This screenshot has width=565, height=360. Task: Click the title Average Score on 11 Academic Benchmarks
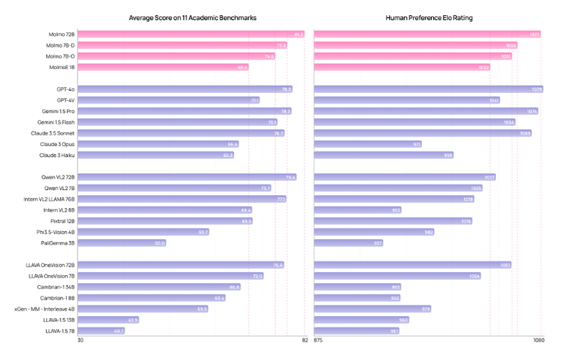click(x=192, y=17)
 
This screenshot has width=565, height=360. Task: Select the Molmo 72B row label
click(x=60, y=34)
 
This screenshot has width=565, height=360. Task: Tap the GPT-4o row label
click(x=65, y=89)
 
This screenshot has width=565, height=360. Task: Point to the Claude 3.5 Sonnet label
click(x=53, y=133)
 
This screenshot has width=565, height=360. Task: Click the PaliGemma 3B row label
click(x=58, y=243)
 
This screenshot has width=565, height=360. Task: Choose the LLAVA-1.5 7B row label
click(x=59, y=331)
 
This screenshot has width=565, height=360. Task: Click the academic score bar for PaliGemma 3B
click(x=122, y=243)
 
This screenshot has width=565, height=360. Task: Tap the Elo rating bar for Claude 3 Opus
click(x=368, y=144)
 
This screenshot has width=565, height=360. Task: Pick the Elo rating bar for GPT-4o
click(x=428, y=89)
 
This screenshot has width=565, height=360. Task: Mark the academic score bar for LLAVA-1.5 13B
click(x=109, y=320)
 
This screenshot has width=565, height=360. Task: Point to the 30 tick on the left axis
click(x=81, y=341)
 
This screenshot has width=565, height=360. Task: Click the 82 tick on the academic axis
click(x=305, y=341)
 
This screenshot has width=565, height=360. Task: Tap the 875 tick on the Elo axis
click(x=319, y=341)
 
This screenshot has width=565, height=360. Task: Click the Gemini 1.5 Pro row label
click(x=58, y=112)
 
